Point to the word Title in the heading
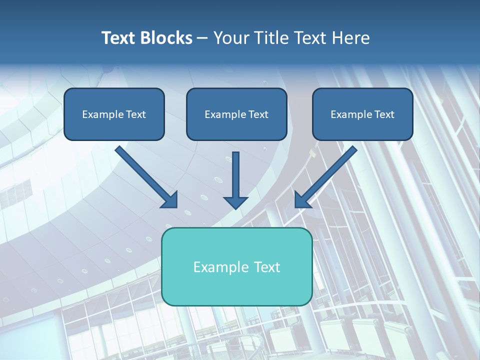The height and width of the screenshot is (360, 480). pyautogui.click(x=271, y=38)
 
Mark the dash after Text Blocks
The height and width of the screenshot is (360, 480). pyautogui.click(x=202, y=38)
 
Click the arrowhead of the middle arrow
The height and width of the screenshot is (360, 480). pyautogui.click(x=235, y=202)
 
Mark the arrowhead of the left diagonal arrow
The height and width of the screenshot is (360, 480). pyautogui.click(x=170, y=200)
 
